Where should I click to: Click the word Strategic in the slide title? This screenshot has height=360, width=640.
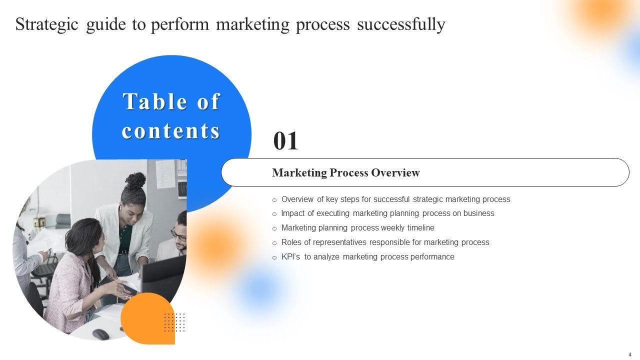(46, 24)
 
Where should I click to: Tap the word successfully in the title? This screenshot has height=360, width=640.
(401, 24)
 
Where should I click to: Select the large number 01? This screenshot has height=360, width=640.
(285, 141)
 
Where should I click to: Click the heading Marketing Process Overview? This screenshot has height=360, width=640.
(346, 172)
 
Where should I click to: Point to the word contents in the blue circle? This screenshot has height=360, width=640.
(171, 131)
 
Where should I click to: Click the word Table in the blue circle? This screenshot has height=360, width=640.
(155, 101)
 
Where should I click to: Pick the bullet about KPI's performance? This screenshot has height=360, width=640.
(367, 257)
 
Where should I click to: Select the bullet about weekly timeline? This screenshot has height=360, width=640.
(357, 227)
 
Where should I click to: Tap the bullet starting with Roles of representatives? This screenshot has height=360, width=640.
(385, 242)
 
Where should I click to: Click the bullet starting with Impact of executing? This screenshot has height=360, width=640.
(387, 213)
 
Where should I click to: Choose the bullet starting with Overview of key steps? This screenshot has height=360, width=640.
(395, 199)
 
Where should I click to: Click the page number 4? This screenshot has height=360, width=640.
(630, 355)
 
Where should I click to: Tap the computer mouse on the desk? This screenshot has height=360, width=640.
(100, 334)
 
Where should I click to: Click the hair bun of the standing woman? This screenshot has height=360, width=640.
(135, 181)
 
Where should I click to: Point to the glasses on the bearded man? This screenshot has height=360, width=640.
(179, 235)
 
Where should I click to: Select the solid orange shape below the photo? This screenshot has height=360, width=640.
(147, 318)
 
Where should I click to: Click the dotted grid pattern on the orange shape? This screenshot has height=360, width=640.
(174, 322)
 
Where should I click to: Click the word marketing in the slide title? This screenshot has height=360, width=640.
(252, 24)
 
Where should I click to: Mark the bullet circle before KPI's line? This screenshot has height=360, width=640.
(274, 257)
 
